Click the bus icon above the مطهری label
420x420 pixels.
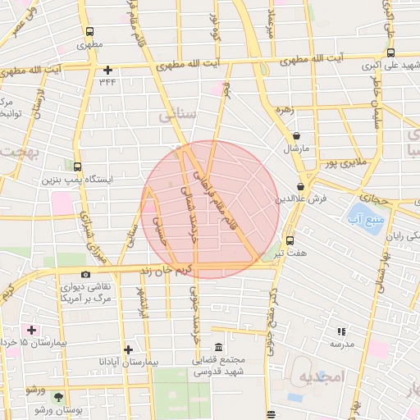point(89,32)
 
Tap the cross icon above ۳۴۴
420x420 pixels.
point(107,70)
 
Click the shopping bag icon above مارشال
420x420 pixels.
point(295,136)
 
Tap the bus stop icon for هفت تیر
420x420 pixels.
point(290,240)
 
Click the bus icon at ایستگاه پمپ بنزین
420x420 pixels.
point(77,165)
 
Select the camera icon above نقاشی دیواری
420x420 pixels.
point(85,275)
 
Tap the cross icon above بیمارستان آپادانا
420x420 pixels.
point(127,349)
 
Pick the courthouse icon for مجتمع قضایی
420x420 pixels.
point(217,348)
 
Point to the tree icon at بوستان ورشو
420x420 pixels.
point(38,408)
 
